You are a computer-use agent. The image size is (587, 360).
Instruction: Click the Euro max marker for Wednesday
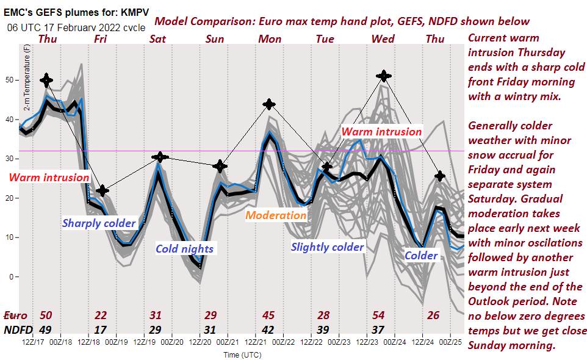[x=383, y=76]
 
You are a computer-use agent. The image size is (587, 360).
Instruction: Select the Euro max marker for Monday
[x=268, y=104]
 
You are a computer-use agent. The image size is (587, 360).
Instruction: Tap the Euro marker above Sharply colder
[x=103, y=191]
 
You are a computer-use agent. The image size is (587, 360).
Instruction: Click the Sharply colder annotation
[x=98, y=223]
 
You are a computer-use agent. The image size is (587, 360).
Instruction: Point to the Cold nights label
[x=184, y=248]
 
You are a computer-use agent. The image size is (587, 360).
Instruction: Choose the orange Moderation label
[x=276, y=215]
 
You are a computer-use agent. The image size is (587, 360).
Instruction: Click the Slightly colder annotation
[x=327, y=247]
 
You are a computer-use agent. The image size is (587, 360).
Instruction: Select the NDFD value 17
[x=101, y=329]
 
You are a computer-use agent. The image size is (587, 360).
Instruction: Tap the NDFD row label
[x=18, y=329]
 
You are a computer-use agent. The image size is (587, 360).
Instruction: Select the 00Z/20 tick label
[x=172, y=343]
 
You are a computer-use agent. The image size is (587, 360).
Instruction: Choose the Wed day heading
[x=383, y=39]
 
